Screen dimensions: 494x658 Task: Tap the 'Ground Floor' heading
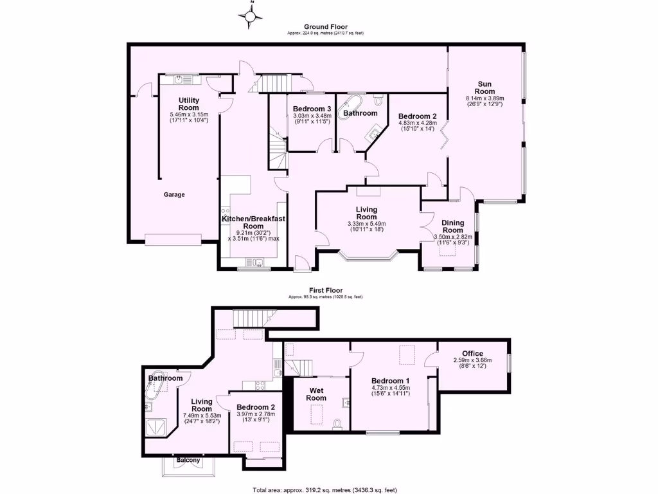click(326, 26)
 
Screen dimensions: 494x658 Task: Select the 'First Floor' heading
click(326, 291)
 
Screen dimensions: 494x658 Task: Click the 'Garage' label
click(173, 195)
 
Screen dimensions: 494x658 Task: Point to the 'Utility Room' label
click(189, 104)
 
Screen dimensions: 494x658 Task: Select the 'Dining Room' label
click(452, 226)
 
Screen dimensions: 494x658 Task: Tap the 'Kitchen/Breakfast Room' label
click(253, 223)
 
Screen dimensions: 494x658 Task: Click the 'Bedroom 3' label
click(312, 109)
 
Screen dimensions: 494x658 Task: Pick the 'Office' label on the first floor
click(472, 353)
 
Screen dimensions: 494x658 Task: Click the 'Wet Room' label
click(317, 394)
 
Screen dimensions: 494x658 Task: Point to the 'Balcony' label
click(188, 461)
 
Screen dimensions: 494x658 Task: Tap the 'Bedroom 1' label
click(390, 381)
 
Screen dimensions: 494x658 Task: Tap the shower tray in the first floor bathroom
click(157, 425)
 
